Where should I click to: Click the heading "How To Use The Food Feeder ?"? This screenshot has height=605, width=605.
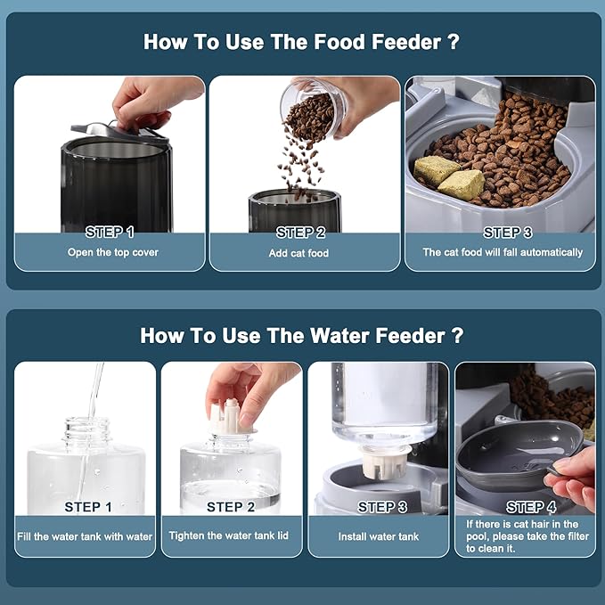pos(301,42)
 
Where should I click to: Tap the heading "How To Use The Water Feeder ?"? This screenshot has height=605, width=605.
pos(302,335)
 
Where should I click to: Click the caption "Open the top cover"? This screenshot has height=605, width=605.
pos(112,252)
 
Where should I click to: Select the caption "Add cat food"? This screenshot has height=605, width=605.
pos(298,253)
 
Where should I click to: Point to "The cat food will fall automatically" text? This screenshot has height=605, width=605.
pos(503,252)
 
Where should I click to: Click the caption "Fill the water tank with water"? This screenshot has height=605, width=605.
pos(85,536)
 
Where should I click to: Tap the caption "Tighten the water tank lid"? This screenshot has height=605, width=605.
pos(228,536)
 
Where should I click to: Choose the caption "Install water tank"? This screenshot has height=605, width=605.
pos(378,536)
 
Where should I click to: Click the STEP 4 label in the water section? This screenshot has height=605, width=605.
pos(531,507)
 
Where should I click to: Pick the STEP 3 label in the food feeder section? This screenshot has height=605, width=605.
pos(507,233)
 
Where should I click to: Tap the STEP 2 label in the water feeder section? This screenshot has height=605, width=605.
pos(231,507)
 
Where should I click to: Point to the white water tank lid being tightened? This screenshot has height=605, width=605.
pos(231,418)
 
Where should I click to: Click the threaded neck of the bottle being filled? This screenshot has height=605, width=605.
pos(86,430)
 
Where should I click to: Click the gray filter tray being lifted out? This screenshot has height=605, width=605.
pos(519,455)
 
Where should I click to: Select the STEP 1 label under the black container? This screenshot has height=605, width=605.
pos(110,233)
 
